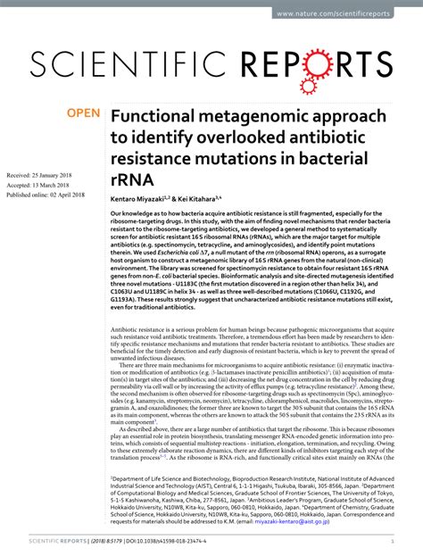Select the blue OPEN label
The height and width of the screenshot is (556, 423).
(x=83, y=115)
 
